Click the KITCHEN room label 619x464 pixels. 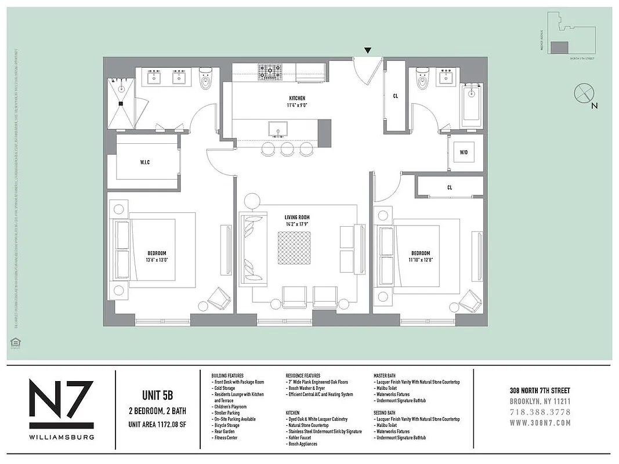coord(296,99)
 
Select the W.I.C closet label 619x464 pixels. coord(144,162)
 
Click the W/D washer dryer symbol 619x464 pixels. coord(464,153)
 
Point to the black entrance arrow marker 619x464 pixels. coord(368,52)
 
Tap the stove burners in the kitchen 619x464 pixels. coord(270,71)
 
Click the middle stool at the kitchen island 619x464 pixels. coord(287,149)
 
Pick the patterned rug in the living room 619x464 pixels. coord(294,248)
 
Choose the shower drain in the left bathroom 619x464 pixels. coord(122,104)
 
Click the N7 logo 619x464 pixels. coord(61,399)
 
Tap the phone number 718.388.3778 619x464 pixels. coord(540,412)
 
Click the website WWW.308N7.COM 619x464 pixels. coord(540,423)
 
